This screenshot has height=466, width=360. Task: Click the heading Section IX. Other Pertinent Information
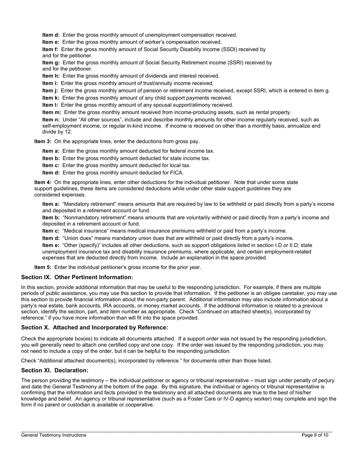pos(77,277)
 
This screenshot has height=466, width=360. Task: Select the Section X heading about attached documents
pos(94,327)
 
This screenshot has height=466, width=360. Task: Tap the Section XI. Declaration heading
pos(55,370)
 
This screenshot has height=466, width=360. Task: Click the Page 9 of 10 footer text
pos(315,435)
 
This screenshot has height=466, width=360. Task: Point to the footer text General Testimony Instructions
pos(53,435)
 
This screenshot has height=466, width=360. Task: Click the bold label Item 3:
pos(43,141)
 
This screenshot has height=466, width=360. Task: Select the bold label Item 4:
pos(43,182)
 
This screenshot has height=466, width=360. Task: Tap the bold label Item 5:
pos(43,267)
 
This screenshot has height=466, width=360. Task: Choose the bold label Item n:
pos(51,119)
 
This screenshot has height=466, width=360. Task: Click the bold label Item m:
pos(52,112)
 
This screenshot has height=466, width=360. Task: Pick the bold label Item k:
pos(51,98)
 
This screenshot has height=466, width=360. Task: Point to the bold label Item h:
pos(51,76)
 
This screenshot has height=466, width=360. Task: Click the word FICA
pos(176,173)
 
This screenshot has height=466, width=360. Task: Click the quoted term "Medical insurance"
pos(84,231)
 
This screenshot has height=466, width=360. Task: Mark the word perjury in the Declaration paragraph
pos(326,380)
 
